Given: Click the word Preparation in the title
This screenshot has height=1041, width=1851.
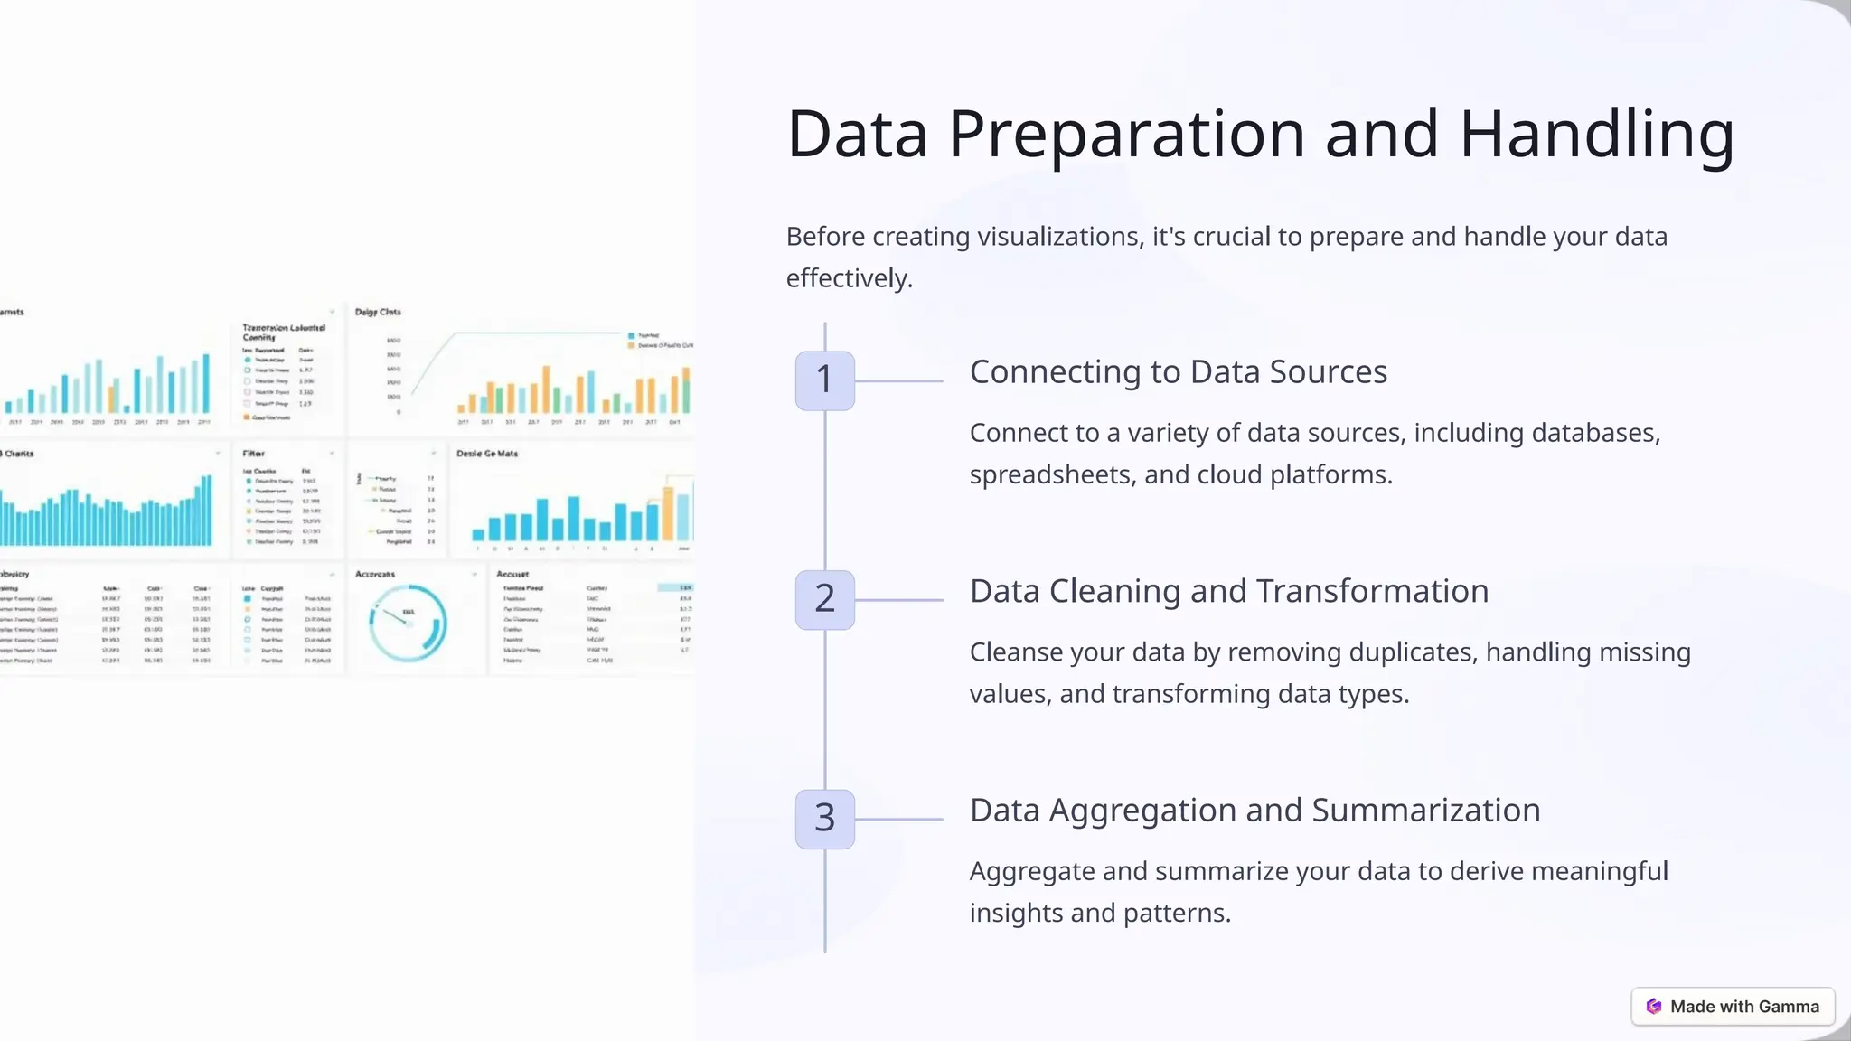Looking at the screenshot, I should (x=1127, y=135).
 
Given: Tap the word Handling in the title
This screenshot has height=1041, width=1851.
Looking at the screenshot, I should (x=1597, y=135).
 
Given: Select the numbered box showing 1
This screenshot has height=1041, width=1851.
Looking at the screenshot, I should (x=824, y=380).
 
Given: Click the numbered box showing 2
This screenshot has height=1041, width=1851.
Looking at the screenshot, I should (x=824, y=599).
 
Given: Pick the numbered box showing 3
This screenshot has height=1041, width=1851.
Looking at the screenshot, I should (x=824, y=819).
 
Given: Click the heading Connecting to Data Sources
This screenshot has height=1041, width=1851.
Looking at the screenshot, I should (x=1178, y=372).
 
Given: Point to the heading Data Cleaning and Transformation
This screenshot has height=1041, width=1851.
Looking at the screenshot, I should (x=1228, y=592).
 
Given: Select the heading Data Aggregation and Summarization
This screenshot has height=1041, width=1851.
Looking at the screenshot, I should (x=1254, y=811).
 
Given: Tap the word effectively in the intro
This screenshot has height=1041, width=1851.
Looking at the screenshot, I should (x=846, y=278).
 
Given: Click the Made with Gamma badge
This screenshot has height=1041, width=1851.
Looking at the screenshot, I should (x=1733, y=1007).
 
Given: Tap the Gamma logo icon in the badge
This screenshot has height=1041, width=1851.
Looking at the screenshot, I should (x=1654, y=1007).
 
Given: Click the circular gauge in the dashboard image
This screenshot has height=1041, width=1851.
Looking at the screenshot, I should (x=408, y=622).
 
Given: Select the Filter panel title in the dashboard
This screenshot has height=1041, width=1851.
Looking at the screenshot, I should (x=253, y=454).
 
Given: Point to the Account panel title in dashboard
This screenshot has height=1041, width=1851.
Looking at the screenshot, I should (x=512, y=575).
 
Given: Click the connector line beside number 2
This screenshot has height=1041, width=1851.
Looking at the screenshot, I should (x=898, y=600).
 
